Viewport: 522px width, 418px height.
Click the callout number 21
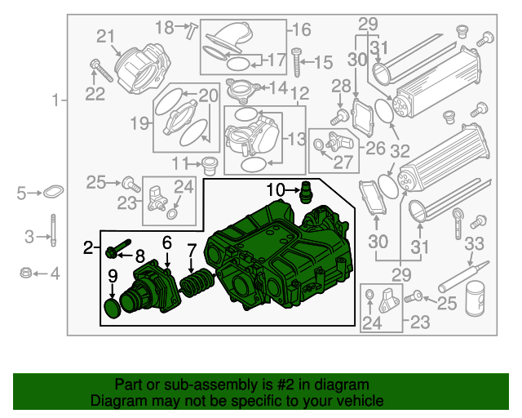click(107, 35)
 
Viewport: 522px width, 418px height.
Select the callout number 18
click(164, 28)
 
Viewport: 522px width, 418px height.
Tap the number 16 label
click(302, 30)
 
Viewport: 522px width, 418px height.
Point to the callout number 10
click(276, 190)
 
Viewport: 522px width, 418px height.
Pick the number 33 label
click(474, 242)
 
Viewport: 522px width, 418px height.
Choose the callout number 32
click(400, 150)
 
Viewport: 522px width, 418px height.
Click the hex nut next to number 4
click(25, 273)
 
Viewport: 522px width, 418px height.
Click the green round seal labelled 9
click(113, 309)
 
